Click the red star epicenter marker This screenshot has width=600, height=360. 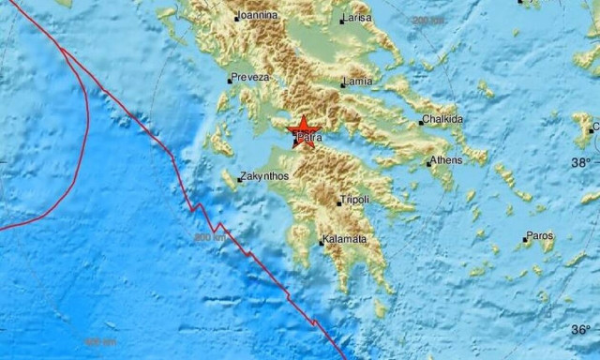click(304, 130)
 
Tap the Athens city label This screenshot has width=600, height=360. click(447, 161)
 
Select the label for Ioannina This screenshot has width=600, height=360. click(257, 16)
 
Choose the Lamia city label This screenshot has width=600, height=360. click(358, 82)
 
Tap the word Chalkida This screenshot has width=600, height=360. click(442, 120)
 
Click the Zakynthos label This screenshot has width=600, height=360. click(265, 175)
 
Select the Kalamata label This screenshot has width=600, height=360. click(344, 240)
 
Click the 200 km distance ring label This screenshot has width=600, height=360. click(428, 20)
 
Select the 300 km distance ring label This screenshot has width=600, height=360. click(209, 238)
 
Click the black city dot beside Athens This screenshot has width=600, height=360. click(428, 163)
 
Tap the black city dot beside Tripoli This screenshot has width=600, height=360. click(338, 202)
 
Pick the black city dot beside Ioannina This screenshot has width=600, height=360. click(236, 18)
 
